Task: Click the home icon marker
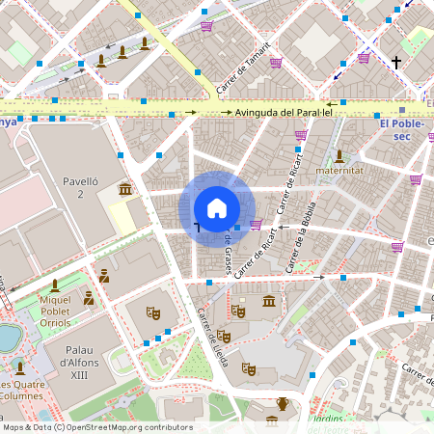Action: click(217, 208)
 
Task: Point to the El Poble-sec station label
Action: click(403, 129)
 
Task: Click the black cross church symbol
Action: click(395, 63)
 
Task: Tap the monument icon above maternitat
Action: click(339, 155)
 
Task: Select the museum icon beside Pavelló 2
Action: click(125, 188)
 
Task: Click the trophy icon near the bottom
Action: click(283, 403)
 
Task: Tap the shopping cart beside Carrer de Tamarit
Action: click(276, 63)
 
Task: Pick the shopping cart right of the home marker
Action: click(256, 225)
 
